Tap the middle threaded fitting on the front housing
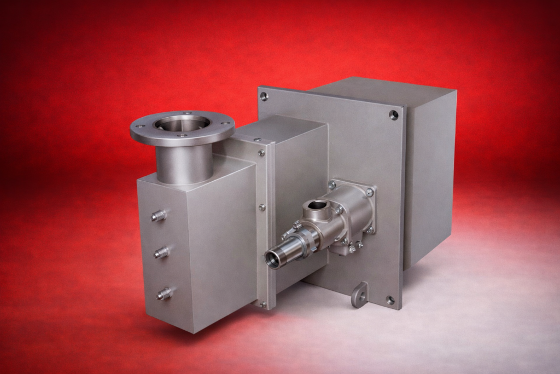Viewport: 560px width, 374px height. point(161,252)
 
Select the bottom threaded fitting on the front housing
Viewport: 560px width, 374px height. point(164,294)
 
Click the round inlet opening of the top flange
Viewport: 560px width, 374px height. point(182,124)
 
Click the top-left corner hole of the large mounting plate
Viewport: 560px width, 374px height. point(264,96)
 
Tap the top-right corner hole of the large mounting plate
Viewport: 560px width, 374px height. point(394,114)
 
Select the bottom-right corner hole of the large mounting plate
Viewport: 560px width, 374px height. point(390,300)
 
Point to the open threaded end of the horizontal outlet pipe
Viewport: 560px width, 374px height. point(274,259)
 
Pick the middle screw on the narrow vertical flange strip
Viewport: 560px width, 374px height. point(262,208)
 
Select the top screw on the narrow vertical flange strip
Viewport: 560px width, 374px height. point(261,153)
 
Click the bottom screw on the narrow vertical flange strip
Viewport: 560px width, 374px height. point(262,304)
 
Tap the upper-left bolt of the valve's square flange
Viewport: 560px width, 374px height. point(331,185)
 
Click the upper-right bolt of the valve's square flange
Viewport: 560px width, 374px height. point(370,192)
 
